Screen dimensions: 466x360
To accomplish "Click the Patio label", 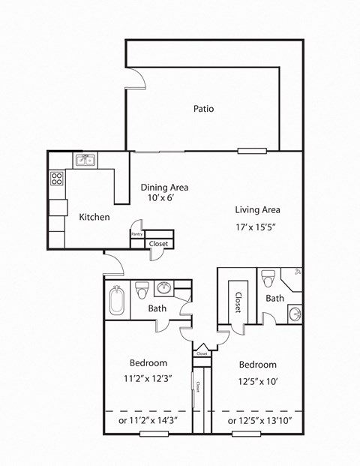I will (203, 109).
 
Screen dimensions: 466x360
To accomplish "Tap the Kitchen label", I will (94, 217).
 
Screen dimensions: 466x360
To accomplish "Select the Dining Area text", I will (164, 188).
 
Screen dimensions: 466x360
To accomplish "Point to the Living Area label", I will (257, 210).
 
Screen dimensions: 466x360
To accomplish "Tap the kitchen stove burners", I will (56, 179).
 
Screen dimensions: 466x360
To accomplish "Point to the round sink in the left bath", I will (164, 289).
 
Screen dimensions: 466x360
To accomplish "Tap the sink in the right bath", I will (294, 314).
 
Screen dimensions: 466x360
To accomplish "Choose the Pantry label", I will (136, 234).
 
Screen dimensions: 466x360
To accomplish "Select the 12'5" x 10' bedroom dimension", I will (257, 380).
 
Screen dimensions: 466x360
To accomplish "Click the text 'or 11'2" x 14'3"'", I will (148, 421).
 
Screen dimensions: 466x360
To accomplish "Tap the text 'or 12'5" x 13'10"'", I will (259, 421).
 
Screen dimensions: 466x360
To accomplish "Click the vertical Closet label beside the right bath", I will (238, 301).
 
